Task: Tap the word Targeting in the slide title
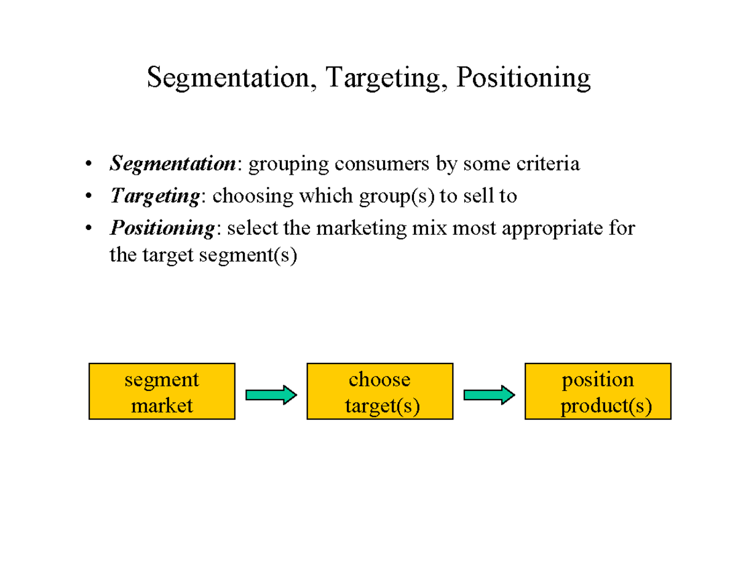pos(384,79)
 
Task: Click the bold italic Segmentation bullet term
pos(172,164)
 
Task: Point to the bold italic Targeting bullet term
pos(154,196)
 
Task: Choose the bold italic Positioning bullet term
pos(162,228)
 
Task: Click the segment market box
pos(162,392)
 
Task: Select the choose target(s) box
pos(379,392)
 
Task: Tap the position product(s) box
pos(598,392)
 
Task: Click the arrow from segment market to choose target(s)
pos(271,394)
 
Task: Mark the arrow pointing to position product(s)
pos(489,394)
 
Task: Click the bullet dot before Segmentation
pos(90,165)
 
